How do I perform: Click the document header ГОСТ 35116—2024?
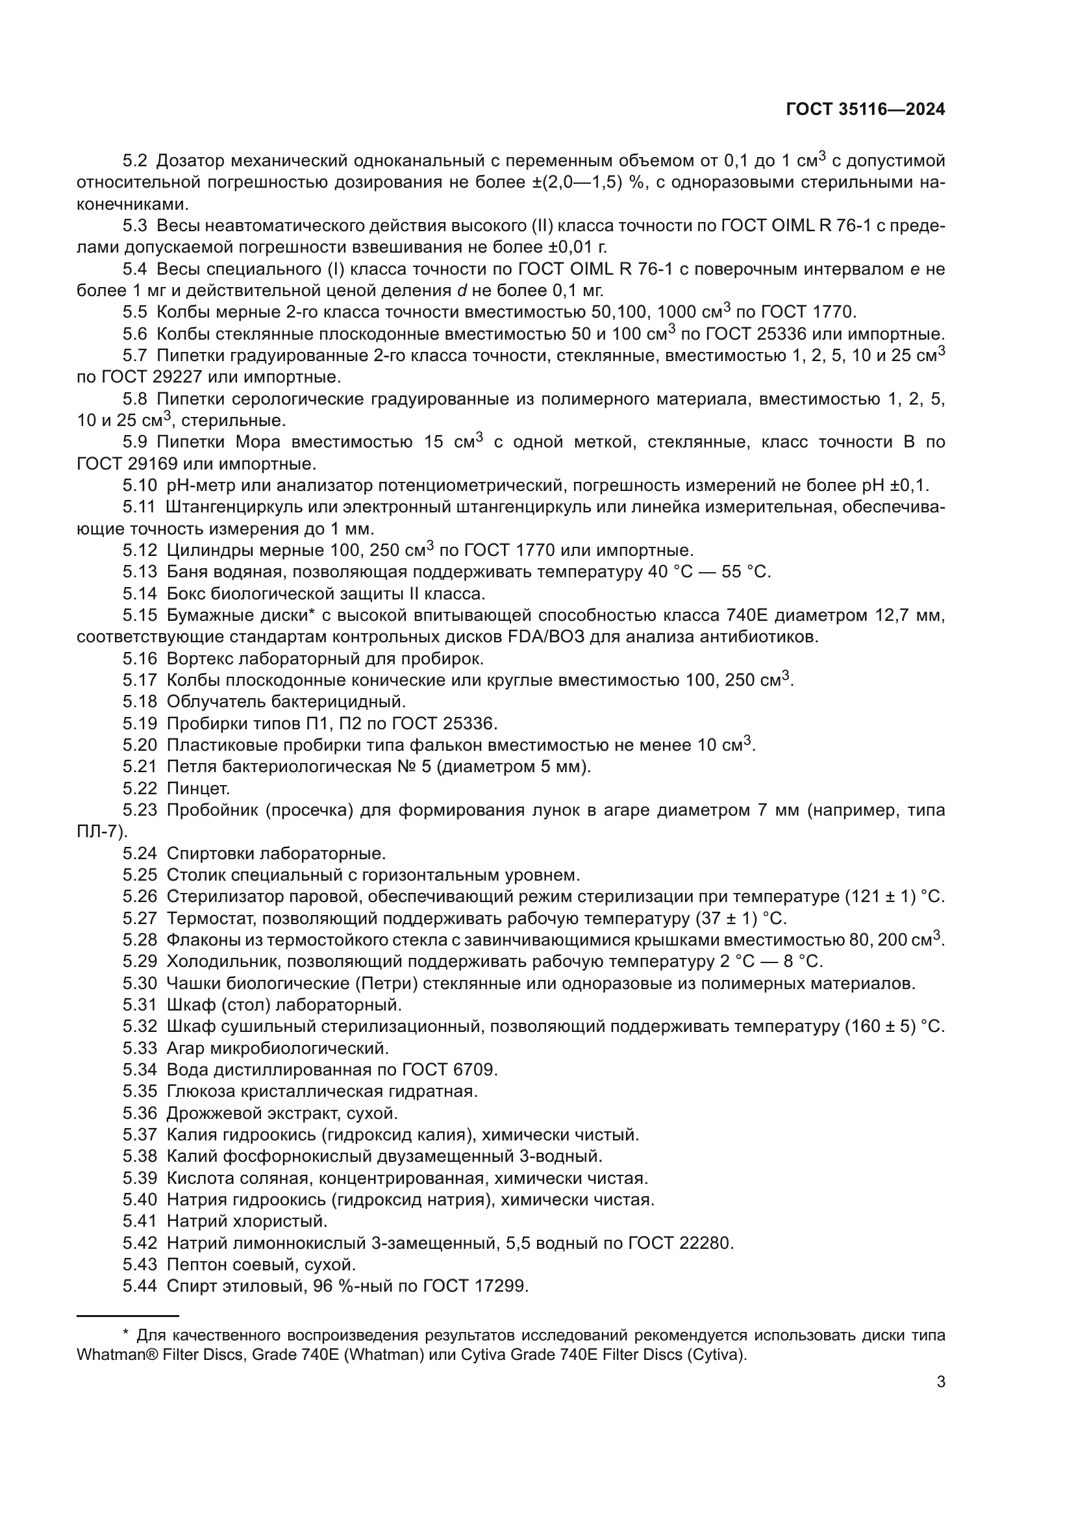(865, 110)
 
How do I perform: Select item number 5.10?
(139, 486)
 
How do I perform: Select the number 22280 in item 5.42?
(706, 1243)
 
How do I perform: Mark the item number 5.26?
(139, 897)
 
